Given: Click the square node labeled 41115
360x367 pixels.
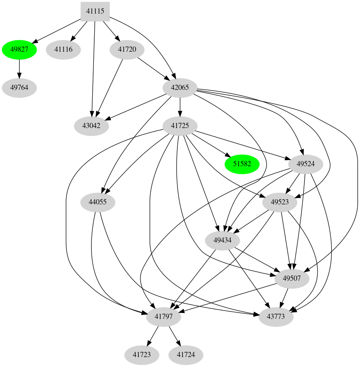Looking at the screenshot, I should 95,11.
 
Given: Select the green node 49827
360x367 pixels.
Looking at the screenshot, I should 19,50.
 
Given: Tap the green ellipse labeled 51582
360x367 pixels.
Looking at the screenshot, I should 242,164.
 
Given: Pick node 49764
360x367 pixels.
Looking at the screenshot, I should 19,87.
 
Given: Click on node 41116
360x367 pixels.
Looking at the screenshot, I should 63,50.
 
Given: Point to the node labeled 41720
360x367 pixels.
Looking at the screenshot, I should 127,50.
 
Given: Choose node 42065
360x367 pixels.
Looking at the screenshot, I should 180,87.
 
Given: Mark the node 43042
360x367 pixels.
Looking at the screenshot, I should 91,126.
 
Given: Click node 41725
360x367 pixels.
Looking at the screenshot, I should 180,126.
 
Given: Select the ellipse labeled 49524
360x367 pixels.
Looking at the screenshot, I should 305,164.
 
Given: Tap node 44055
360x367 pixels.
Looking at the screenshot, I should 97,202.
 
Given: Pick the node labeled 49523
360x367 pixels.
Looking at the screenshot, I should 280,202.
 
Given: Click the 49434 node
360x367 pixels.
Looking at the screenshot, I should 222,240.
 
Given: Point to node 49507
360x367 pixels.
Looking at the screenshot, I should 292,278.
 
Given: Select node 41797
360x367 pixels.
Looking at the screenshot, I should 164,317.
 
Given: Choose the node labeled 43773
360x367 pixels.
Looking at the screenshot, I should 276,317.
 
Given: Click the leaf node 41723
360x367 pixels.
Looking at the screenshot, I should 142,354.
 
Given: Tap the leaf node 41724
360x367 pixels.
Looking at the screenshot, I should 186,354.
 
